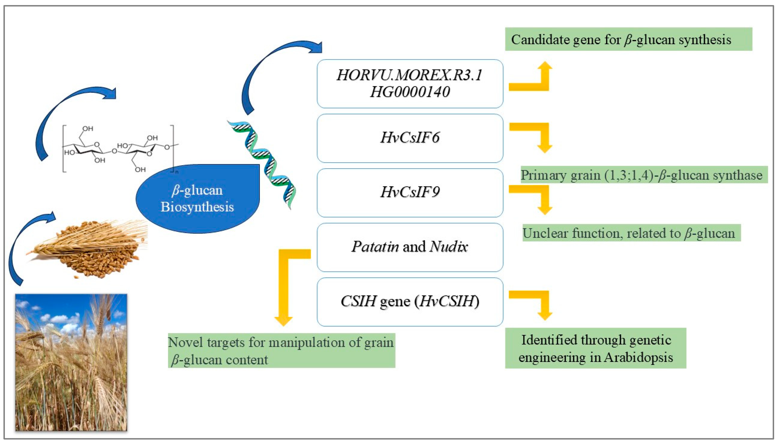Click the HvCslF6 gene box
pos(410,138)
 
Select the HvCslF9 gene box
pos(410,193)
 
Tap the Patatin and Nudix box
pos(410,247)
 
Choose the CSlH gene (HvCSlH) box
pos(410,302)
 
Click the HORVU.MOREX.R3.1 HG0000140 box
pos(410,84)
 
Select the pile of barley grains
pos(88,249)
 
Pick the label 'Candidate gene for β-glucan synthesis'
pos(628,39)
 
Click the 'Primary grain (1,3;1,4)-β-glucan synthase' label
pos(644,175)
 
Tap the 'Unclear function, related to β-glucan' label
pos(631,233)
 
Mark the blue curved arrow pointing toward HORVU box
pos(269,70)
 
